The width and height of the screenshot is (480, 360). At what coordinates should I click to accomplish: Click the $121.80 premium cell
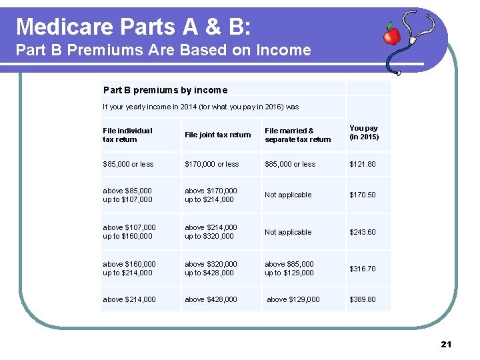point(363,164)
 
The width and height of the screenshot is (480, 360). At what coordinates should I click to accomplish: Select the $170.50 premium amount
point(363,195)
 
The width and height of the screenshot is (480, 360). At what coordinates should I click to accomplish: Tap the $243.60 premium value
point(363,232)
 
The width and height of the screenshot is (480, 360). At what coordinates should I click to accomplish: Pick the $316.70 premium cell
point(363,269)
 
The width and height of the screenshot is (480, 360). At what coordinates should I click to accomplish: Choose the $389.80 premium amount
point(363,299)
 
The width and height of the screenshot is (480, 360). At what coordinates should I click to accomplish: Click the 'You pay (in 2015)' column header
point(364,132)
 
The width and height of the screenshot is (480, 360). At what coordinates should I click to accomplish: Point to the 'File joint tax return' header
point(217,135)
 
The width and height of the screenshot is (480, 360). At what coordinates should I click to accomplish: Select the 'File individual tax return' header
point(127,135)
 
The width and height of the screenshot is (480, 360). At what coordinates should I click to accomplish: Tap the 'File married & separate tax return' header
point(297,135)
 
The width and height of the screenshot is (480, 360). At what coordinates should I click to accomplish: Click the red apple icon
point(391,33)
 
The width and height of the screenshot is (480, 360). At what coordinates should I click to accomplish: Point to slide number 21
point(446,344)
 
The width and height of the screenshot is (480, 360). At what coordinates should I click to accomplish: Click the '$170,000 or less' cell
point(211,164)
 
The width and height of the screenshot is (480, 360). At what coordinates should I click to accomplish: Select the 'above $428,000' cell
point(211,299)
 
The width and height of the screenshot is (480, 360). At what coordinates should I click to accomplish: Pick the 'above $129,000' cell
point(293,299)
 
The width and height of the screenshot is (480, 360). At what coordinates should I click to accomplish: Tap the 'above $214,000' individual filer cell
point(129,299)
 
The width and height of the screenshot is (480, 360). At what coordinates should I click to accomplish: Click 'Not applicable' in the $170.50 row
point(288,195)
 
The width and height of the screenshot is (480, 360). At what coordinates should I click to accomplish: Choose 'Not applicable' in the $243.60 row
point(288,232)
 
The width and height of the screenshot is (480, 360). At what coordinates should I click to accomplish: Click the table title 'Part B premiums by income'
point(165,90)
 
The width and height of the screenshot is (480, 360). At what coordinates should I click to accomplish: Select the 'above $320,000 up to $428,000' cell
point(210,269)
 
